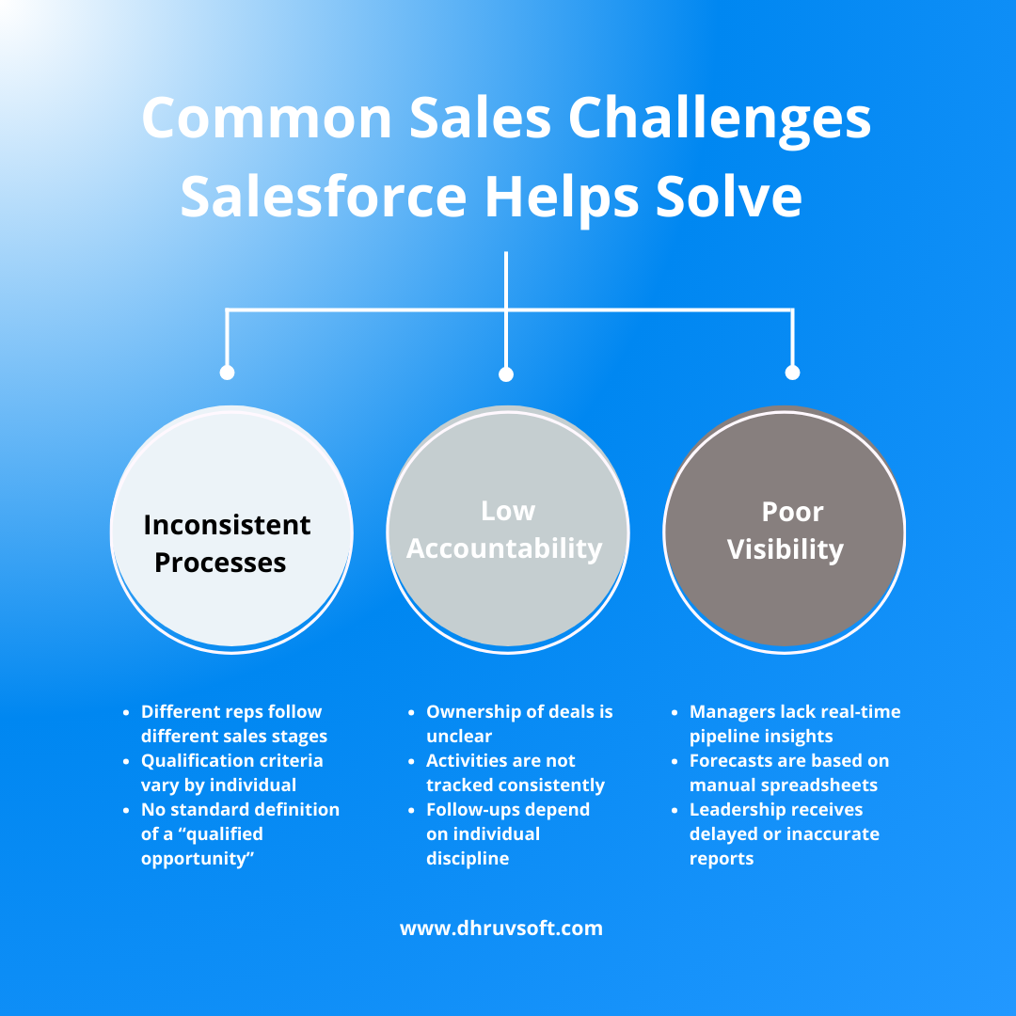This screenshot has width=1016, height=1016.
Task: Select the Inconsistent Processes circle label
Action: (x=226, y=543)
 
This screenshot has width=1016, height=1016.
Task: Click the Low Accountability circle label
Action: (x=505, y=530)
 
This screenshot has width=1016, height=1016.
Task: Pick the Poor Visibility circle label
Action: (x=786, y=531)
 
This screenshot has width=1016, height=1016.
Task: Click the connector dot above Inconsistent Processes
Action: (x=227, y=373)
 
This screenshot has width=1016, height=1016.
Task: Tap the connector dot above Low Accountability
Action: (x=506, y=374)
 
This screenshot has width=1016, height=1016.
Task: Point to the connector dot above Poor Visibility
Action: (x=792, y=373)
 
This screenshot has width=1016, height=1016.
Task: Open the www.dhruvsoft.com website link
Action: (x=501, y=929)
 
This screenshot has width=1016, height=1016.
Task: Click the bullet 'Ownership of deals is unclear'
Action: (x=519, y=723)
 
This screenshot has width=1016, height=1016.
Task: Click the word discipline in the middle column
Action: (x=468, y=858)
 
